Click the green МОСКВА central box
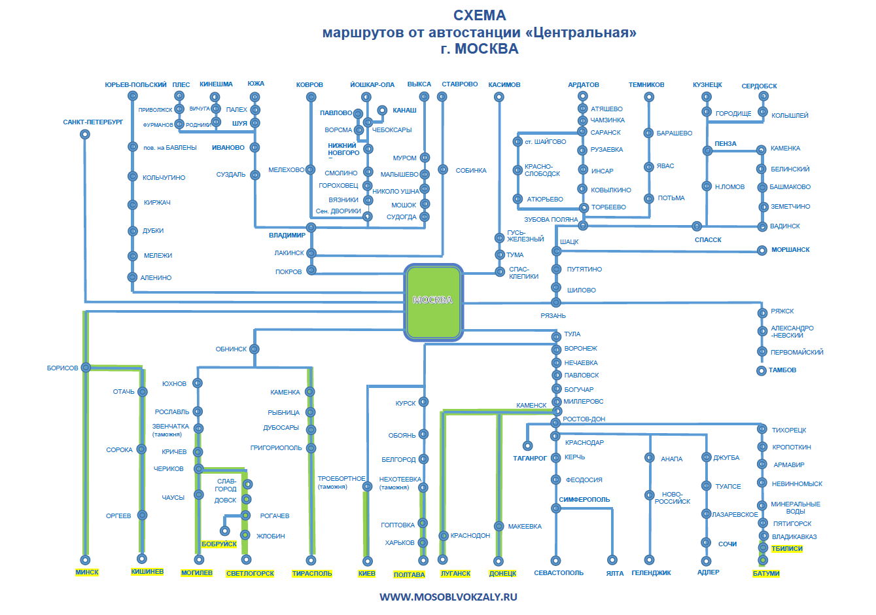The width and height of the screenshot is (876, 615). (433, 302)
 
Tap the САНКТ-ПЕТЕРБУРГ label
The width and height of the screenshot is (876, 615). (93, 122)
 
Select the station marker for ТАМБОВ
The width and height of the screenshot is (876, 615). (761, 371)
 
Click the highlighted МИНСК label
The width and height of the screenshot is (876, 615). (87, 572)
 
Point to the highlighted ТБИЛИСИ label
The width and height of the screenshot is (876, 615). (787, 549)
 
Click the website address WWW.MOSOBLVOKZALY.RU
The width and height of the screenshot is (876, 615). (448, 597)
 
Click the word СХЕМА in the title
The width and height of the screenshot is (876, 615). (480, 15)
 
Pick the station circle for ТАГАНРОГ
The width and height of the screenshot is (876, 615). (527, 446)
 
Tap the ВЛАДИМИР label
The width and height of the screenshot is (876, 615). (287, 236)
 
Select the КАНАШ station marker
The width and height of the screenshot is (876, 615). (382, 111)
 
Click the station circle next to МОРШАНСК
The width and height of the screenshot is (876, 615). (762, 251)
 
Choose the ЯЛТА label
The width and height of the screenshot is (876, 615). (615, 574)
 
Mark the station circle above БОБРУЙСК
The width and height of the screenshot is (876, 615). (225, 531)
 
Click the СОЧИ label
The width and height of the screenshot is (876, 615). (727, 544)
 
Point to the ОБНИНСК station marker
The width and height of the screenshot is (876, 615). (254, 349)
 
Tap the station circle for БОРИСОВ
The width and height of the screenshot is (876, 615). (86, 368)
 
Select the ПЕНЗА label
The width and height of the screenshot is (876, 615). (726, 144)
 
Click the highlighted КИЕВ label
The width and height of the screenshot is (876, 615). (366, 574)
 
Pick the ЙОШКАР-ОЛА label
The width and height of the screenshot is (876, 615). (372, 85)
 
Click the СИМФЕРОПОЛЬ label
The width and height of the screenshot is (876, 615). (584, 500)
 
